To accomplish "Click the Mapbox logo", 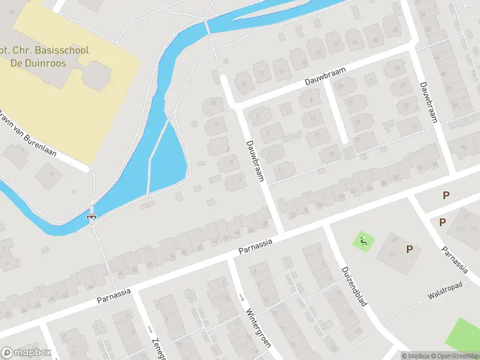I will coord(25,353).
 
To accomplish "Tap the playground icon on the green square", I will coord(363,242).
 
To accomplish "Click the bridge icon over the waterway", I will coord(92,216).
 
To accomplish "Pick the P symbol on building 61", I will coord(410,249).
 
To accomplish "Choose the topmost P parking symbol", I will coord(445,195).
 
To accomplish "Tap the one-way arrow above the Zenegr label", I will coord(149,329).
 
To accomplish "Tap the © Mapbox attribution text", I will coord(416,356).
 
